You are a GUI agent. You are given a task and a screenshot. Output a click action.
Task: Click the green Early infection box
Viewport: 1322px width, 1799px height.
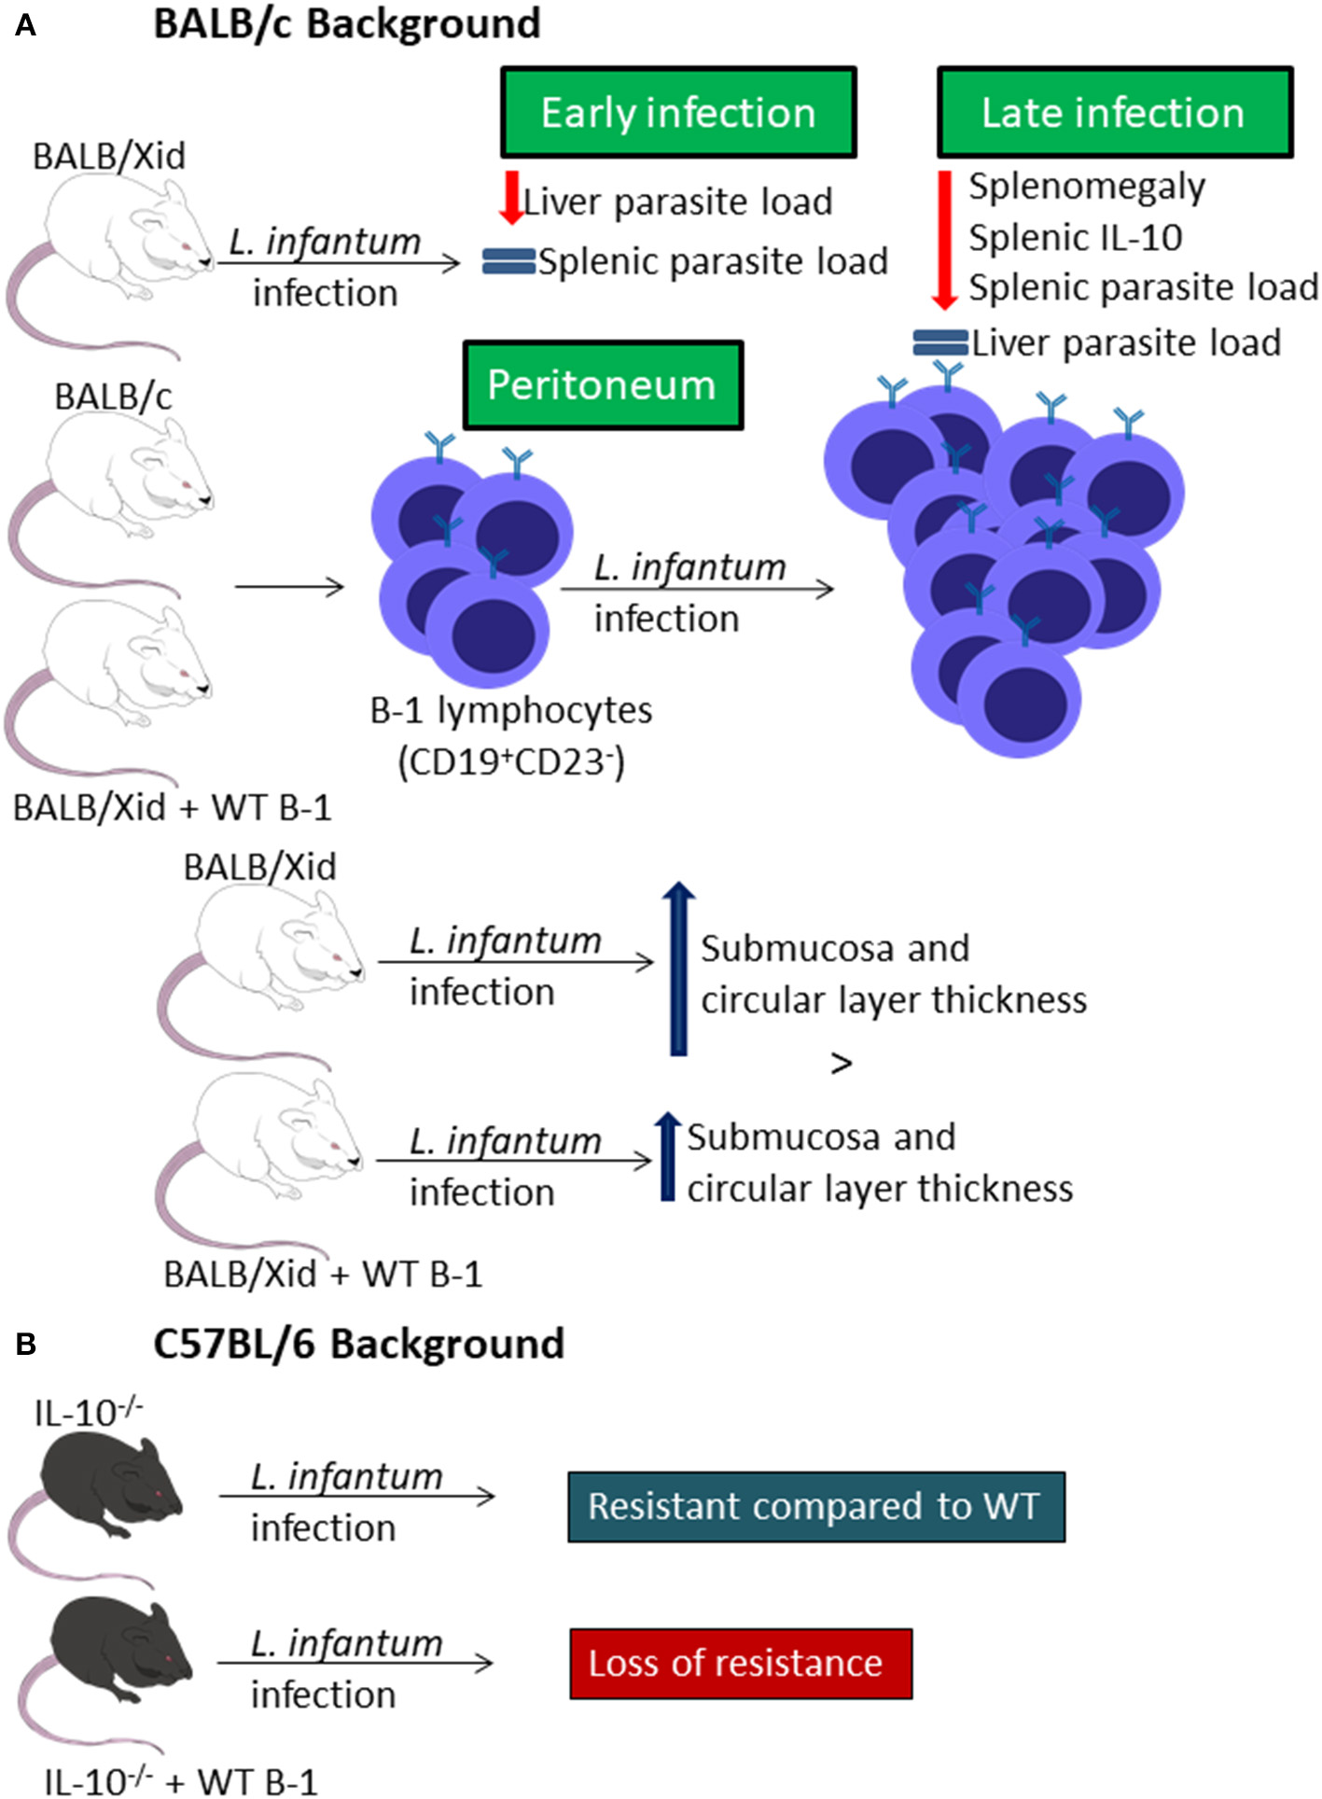(x=678, y=112)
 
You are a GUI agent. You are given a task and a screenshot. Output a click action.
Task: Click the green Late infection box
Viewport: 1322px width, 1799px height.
(x=1114, y=112)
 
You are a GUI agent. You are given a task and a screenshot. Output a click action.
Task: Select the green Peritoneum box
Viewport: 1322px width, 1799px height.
(x=603, y=384)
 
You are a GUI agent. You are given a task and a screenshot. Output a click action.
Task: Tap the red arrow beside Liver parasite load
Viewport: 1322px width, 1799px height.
(x=511, y=197)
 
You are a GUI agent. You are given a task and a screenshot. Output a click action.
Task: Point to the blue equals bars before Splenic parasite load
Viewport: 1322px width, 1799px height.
(x=508, y=261)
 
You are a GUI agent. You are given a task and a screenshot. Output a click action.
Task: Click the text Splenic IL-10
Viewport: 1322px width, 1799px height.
(x=1075, y=237)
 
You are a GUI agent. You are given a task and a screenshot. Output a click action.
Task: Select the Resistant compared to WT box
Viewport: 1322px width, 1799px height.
(x=815, y=1506)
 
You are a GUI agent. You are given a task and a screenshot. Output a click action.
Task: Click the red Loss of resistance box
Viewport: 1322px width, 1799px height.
(x=741, y=1663)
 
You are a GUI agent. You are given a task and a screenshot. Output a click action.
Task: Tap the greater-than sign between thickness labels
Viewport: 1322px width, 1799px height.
(x=841, y=1063)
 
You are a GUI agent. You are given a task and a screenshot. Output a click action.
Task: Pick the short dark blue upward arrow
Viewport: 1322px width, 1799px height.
(x=667, y=1156)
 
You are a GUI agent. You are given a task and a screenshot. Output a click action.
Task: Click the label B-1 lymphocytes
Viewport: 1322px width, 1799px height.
(x=511, y=710)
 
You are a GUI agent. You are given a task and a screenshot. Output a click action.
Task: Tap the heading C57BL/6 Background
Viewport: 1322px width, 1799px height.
(x=359, y=1344)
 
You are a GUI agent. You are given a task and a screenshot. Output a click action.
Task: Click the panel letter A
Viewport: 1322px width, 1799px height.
(x=25, y=25)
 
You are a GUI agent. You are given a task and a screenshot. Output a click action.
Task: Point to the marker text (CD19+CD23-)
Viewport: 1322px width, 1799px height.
(x=511, y=761)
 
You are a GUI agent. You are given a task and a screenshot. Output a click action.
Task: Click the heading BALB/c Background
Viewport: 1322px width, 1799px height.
(x=347, y=23)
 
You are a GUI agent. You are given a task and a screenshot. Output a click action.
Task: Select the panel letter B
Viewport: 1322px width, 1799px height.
(x=25, y=1344)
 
